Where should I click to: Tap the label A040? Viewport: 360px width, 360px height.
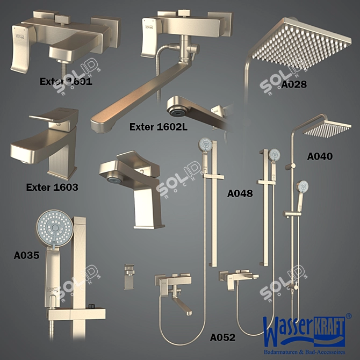320,156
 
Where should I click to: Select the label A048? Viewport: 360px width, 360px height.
240,193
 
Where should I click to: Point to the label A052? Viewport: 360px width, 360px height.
222,337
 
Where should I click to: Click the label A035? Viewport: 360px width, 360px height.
26,256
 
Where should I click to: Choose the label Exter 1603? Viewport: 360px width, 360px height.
52,188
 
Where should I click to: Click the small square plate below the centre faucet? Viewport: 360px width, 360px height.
128,276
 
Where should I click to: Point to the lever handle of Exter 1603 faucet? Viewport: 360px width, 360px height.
46,117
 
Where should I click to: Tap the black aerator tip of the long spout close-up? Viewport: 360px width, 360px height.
175,110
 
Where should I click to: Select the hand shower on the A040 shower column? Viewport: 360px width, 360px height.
303,188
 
